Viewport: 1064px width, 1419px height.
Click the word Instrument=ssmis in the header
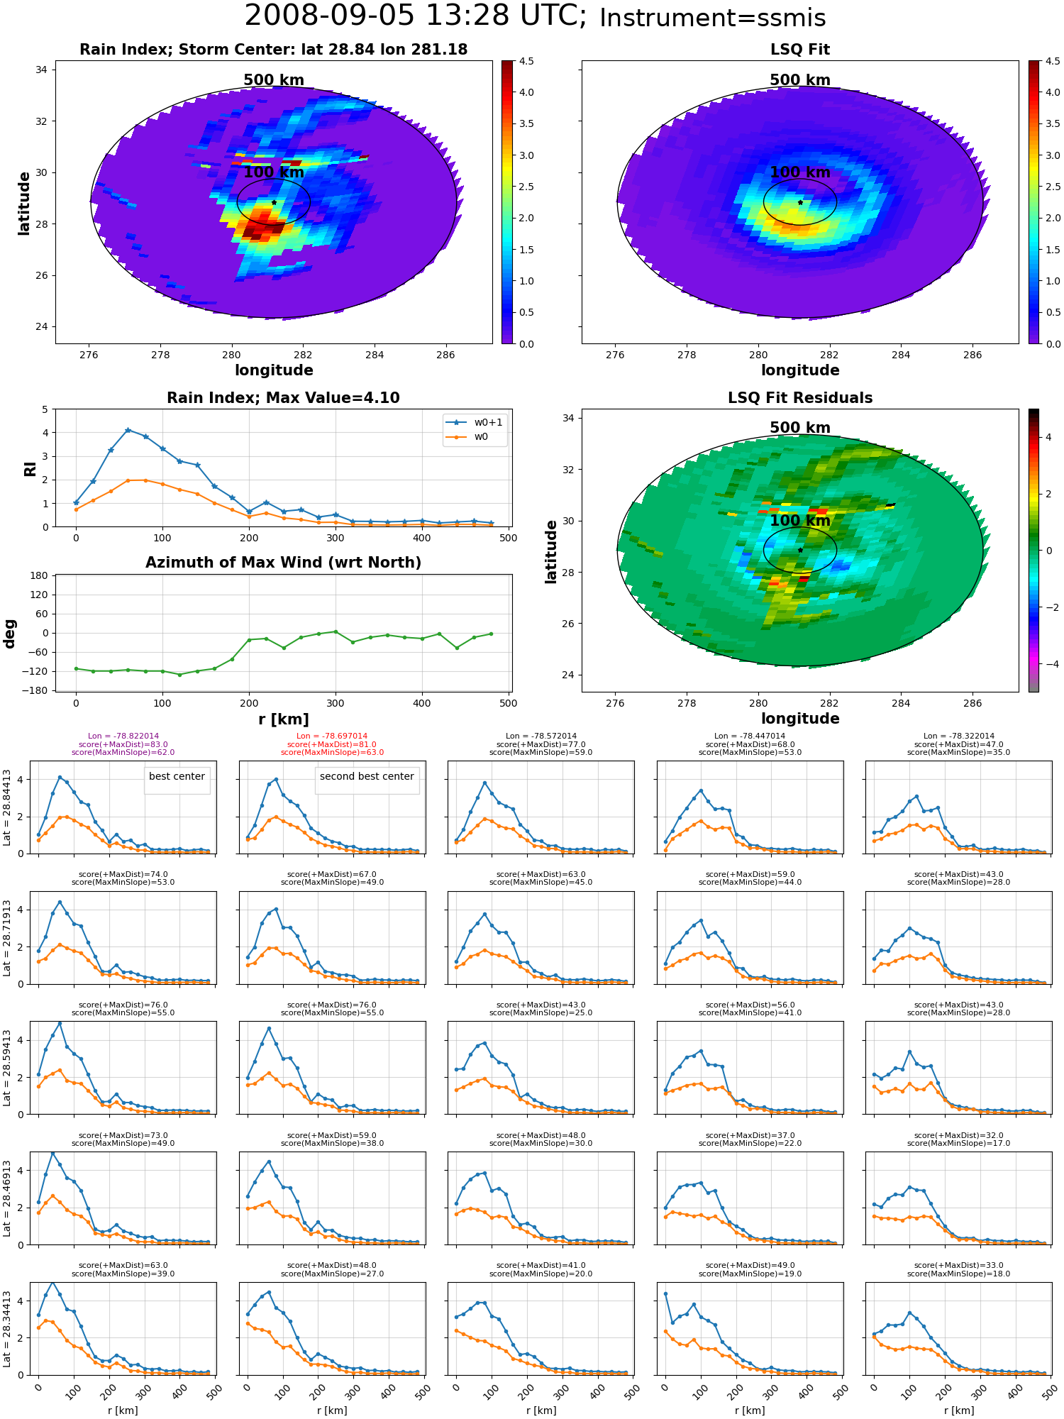712,18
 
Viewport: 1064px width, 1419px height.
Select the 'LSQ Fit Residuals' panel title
799,398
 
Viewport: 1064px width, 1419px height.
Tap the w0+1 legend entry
475,423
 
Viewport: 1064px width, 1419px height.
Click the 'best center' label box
177,777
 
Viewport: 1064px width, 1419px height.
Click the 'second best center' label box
367,777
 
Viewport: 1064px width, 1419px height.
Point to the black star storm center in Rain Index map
274,202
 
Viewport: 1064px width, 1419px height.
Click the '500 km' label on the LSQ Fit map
800,80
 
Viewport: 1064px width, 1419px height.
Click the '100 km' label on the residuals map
800,521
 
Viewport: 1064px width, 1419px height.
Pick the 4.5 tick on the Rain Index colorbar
526,62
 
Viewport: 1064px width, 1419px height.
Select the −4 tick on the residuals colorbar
1048,664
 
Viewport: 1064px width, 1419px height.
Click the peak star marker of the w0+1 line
128,430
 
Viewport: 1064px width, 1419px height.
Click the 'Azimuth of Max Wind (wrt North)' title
283,563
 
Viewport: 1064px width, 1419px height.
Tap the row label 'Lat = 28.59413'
8,1069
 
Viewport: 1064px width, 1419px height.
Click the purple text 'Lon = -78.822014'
123,736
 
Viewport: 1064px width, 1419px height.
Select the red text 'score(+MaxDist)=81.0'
332,744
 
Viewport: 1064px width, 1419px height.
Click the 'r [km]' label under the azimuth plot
283,719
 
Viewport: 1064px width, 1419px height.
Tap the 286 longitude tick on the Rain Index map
445,355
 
